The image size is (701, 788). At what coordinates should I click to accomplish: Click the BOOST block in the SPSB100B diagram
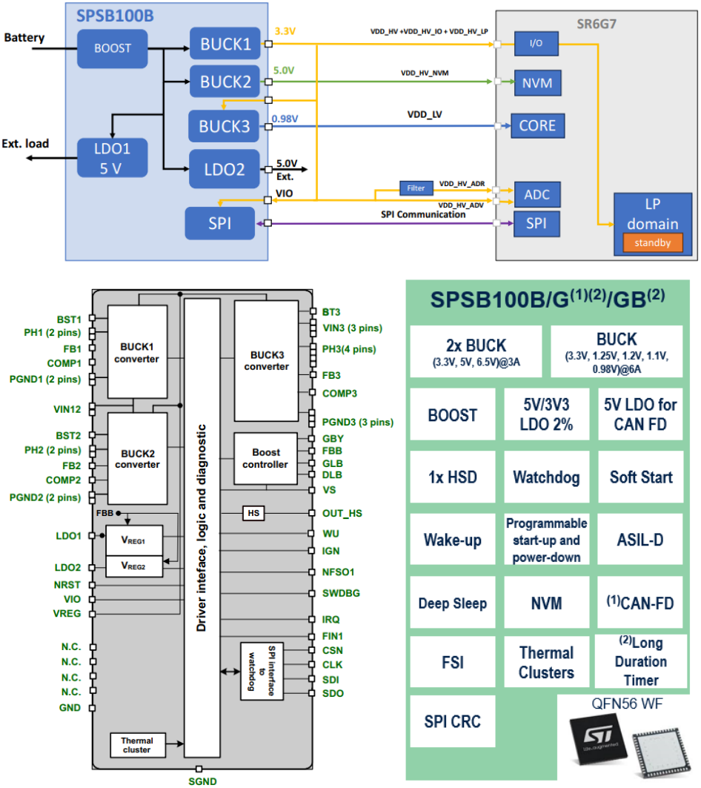[113, 48]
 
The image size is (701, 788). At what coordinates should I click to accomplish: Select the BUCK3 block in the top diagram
[224, 127]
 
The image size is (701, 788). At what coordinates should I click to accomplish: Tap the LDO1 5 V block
[112, 158]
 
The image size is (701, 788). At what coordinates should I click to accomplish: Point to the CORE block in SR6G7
[537, 125]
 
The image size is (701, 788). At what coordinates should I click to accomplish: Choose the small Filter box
[416, 188]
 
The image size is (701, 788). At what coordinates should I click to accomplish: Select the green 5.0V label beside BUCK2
[285, 71]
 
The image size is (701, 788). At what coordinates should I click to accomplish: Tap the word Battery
[24, 38]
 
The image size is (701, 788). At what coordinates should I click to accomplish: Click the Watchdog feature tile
[545, 477]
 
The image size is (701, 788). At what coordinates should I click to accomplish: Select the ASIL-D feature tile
[641, 540]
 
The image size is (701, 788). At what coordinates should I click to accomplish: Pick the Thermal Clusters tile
[545, 663]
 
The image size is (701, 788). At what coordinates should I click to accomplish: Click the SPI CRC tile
[452, 721]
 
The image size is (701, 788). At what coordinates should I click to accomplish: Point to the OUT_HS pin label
[342, 513]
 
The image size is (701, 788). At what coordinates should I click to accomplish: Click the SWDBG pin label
[342, 593]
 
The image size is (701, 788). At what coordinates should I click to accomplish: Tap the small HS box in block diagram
[253, 513]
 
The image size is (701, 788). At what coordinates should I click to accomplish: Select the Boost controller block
[265, 458]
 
